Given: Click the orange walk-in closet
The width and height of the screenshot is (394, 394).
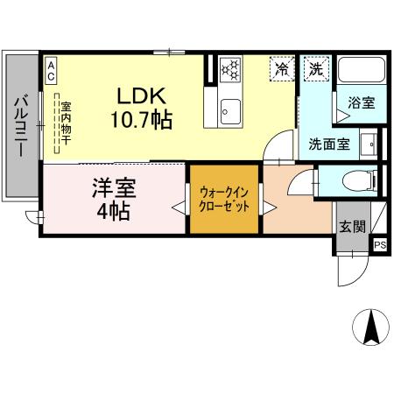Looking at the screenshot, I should pos(225,199).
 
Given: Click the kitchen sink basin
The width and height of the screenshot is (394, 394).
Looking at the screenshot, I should pos(230,111).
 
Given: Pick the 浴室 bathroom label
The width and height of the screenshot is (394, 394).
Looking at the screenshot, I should pos(362,102).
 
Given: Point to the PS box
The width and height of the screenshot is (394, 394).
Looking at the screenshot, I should pos(380,246).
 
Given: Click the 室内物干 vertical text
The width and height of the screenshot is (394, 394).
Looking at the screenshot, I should pos(65,123).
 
